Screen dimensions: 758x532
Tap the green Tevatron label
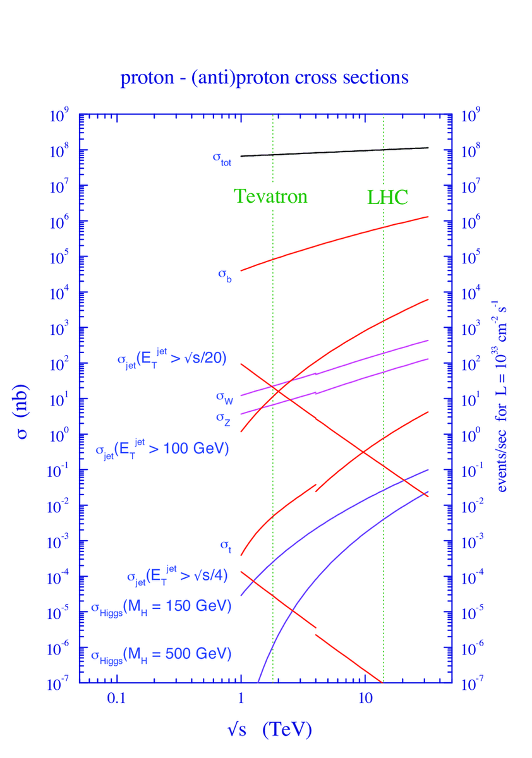tap(270, 196)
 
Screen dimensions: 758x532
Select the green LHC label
tap(387, 197)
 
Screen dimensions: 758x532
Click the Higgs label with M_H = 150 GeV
tap(160, 607)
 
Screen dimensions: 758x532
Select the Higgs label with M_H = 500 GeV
tap(160, 654)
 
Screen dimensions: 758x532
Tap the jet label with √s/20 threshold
tap(172, 359)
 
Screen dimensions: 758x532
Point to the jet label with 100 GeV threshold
tap(161, 450)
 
